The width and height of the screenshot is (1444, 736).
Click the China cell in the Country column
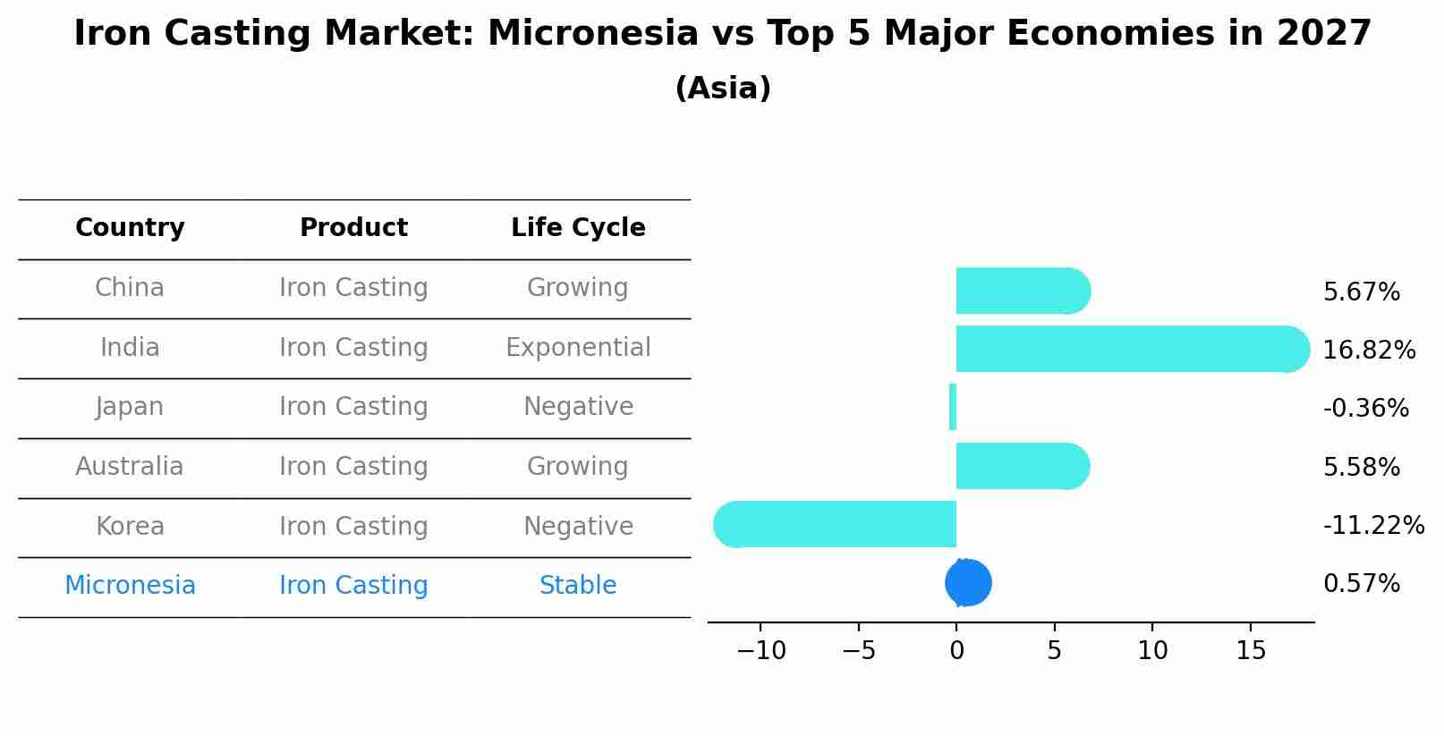coord(130,287)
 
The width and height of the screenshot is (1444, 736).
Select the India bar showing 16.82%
coord(1134,350)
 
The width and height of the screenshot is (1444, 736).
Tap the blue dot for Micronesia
coord(968,582)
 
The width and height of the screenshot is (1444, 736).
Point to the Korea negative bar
coord(835,525)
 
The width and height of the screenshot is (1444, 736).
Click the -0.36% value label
coord(1366,409)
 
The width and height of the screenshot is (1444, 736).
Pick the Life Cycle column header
coord(578,227)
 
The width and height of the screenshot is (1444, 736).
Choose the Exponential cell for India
coord(578,348)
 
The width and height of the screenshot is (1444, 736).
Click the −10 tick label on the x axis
coord(761,650)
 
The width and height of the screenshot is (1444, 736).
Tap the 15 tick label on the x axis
coord(1251,650)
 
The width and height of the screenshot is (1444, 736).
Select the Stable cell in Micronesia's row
coord(578,585)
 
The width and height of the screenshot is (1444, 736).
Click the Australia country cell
coord(130,467)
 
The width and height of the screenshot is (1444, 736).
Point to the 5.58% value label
coord(1362,467)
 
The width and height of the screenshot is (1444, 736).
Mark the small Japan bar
coord(953,407)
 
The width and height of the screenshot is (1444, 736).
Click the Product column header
coord(354,227)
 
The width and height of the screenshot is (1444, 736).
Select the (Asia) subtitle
coord(723,89)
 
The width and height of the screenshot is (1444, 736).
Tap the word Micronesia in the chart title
coord(593,33)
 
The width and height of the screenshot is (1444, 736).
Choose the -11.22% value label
coord(1373,525)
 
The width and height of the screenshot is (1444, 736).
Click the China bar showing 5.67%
coord(1024,291)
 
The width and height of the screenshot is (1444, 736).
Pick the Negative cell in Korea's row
coord(578,527)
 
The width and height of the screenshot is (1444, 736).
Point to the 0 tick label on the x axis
coord(956,650)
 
